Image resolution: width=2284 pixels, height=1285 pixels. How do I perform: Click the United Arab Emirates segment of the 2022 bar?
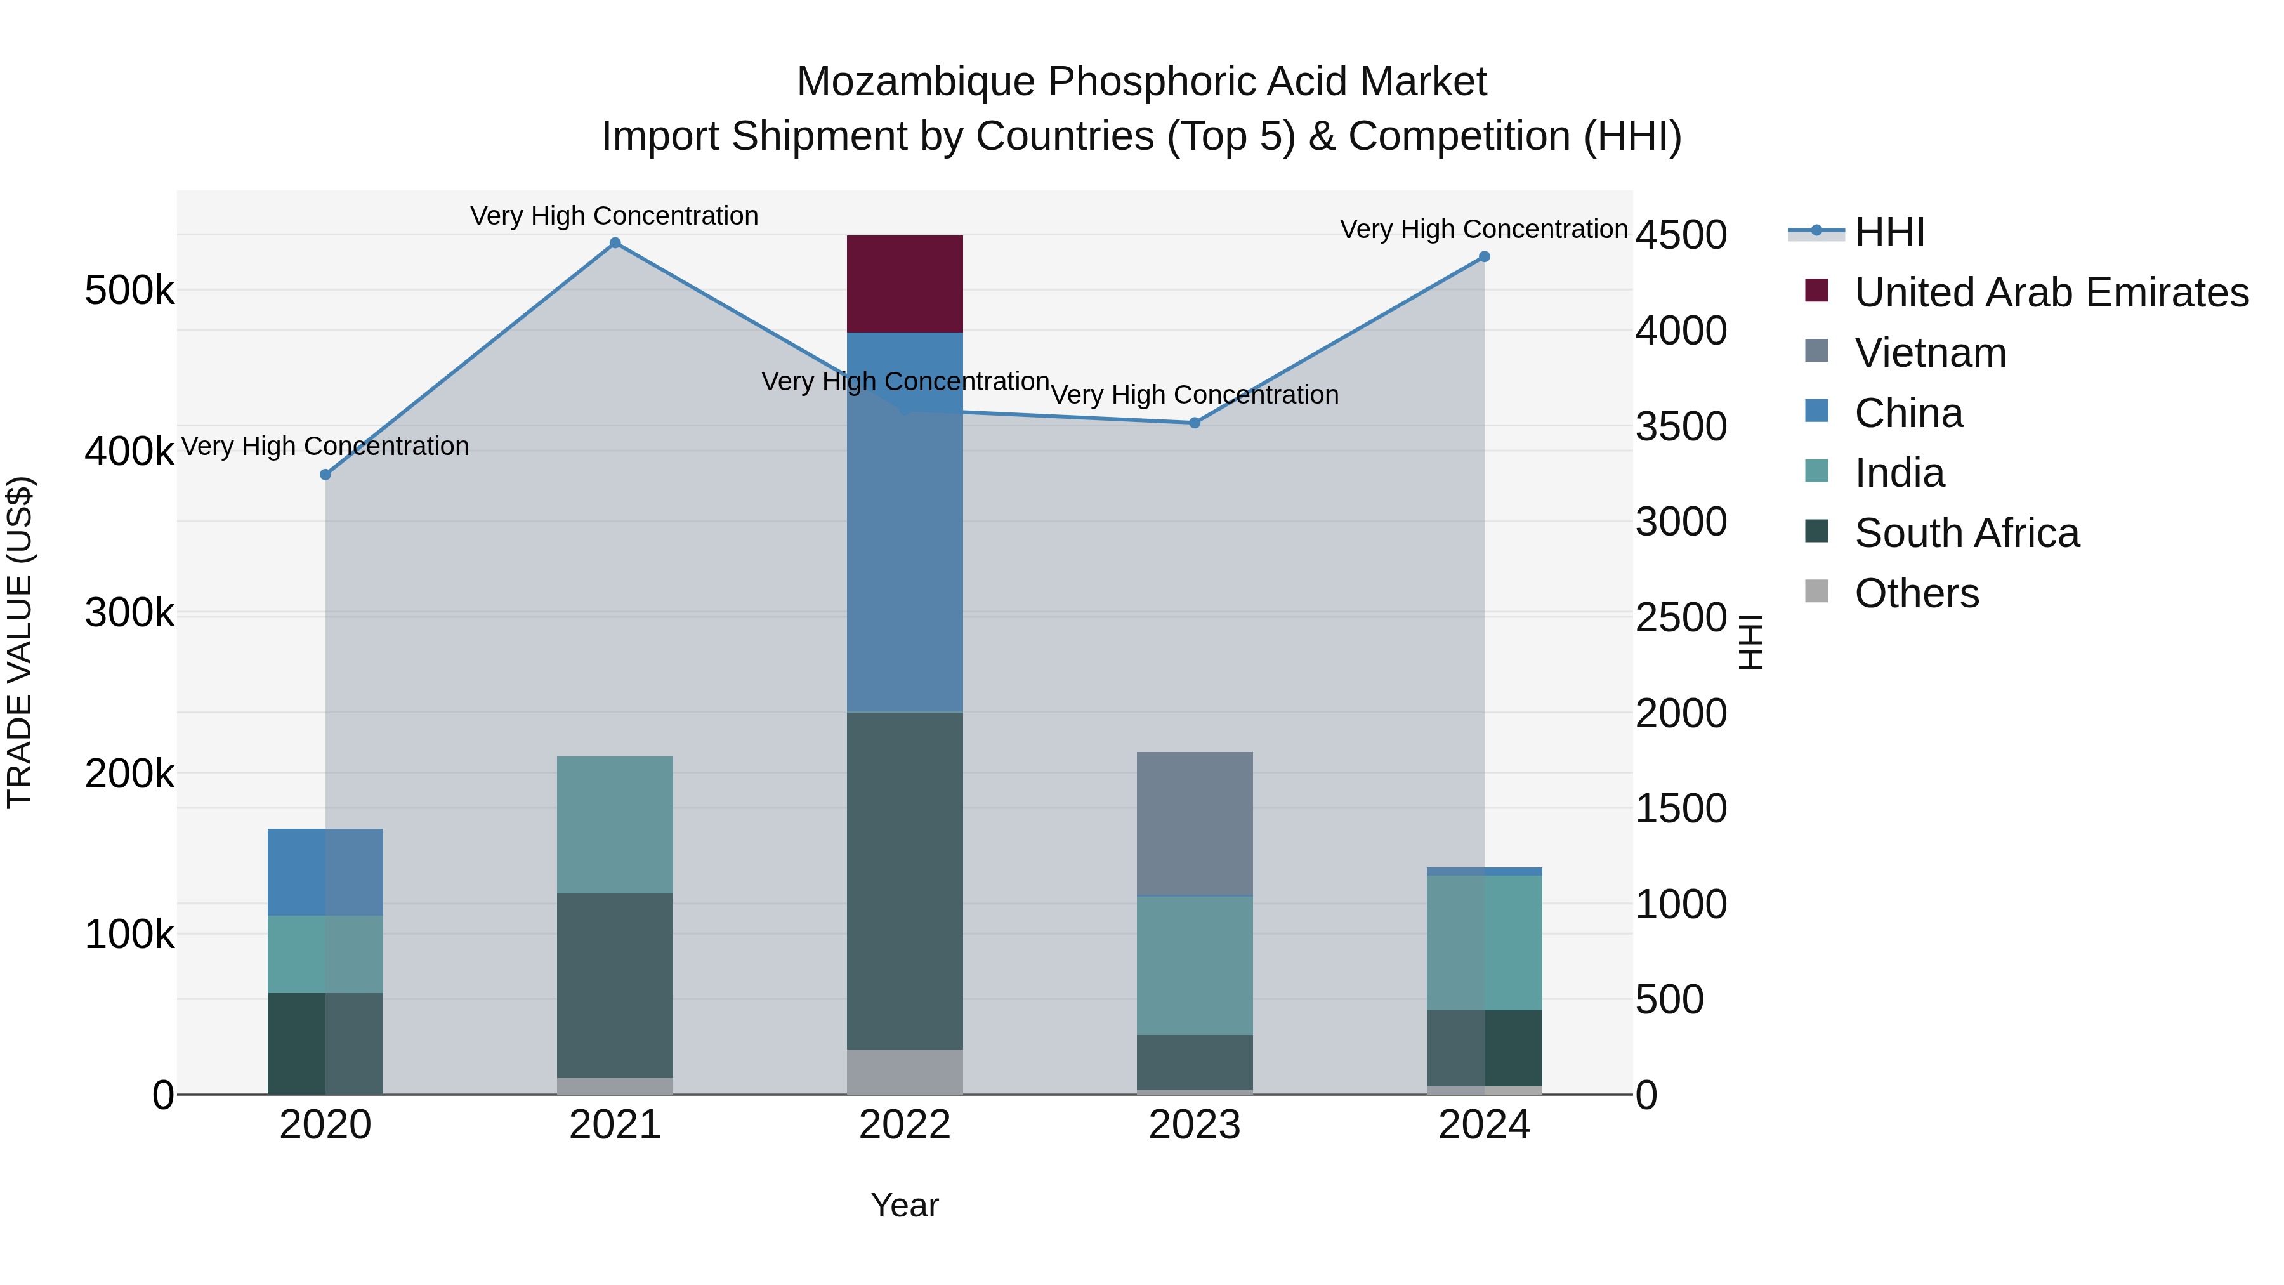coord(904,284)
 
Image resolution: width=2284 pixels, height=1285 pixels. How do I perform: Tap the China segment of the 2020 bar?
coord(324,872)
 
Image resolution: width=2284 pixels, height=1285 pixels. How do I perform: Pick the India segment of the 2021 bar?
coord(614,825)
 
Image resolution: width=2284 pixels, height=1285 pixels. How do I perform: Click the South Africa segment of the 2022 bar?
coord(904,881)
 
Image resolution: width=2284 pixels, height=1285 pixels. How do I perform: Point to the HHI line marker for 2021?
coord(614,243)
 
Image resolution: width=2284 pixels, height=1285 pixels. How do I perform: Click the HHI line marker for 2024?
coord(1484,257)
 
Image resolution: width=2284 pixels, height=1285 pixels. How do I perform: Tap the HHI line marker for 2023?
coord(1194,423)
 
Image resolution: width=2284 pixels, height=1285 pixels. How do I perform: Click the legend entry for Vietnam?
coord(1929,353)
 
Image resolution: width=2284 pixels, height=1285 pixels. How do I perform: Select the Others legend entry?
coord(1915,593)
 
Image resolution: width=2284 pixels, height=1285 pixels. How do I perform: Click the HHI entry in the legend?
coord(1889,232)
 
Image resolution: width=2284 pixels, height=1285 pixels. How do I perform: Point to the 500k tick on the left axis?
coord(129,291)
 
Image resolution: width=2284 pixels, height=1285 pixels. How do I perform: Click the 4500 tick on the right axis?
coord(1680,235)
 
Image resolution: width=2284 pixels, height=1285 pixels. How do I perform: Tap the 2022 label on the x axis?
coord(904,1125)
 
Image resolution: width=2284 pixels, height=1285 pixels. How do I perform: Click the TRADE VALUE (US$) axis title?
coord(20,642)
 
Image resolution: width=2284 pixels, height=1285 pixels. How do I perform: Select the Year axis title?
coord(904,1205)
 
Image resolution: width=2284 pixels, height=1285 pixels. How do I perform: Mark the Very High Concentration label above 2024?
coord(1483,229)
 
